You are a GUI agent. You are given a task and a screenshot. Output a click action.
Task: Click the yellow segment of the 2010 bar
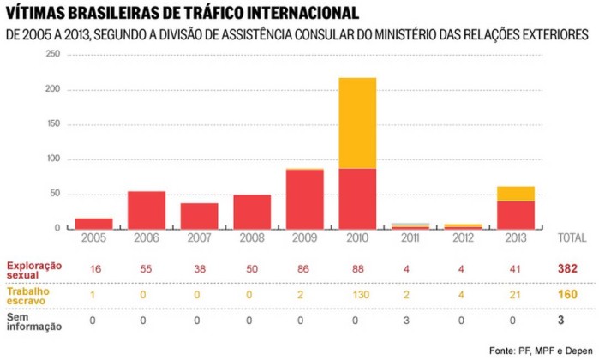click(x=357, y=123)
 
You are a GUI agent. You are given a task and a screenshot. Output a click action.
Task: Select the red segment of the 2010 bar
click(x=357, y=198)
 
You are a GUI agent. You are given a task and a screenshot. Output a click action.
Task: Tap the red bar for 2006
click(x=147, y=210)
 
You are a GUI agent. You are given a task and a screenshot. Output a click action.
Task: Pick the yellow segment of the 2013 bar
click(x=516, y=193)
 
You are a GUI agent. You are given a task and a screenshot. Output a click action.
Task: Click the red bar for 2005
click(x=93, y=223)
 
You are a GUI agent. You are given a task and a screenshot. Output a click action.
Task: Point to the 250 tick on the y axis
click(x=52, y=54)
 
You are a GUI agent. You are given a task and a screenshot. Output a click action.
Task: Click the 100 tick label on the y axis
click(x=52, y=159)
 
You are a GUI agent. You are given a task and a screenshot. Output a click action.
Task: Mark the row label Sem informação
click(x=29, y=321)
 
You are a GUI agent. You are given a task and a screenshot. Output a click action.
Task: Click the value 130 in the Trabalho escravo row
click(x=357, y=294)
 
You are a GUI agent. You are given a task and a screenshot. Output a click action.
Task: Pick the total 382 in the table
click(x=566, y=268)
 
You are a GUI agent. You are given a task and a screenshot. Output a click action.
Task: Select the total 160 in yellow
click(x=566, y=294)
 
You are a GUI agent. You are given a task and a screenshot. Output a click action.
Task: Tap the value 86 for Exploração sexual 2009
click(x=304, y=268)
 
